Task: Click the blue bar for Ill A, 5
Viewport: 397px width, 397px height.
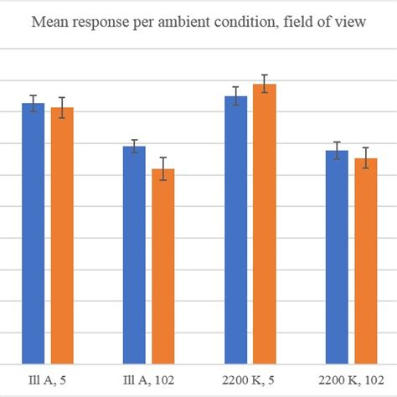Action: (34, 235)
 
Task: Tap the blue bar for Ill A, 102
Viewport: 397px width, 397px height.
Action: (134, 255)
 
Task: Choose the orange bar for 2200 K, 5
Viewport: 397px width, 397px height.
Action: (265, 224)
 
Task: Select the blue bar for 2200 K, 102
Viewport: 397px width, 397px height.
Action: (337, 257)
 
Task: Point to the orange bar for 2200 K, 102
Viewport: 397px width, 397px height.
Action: (366, 261)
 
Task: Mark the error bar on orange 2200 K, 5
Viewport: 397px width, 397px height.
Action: (265, 84)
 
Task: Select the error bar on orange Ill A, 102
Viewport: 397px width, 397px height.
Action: (163, 168)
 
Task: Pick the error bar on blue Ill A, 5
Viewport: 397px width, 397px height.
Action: (34, 103)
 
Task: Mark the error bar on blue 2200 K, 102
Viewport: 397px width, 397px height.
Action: (337, 151)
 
